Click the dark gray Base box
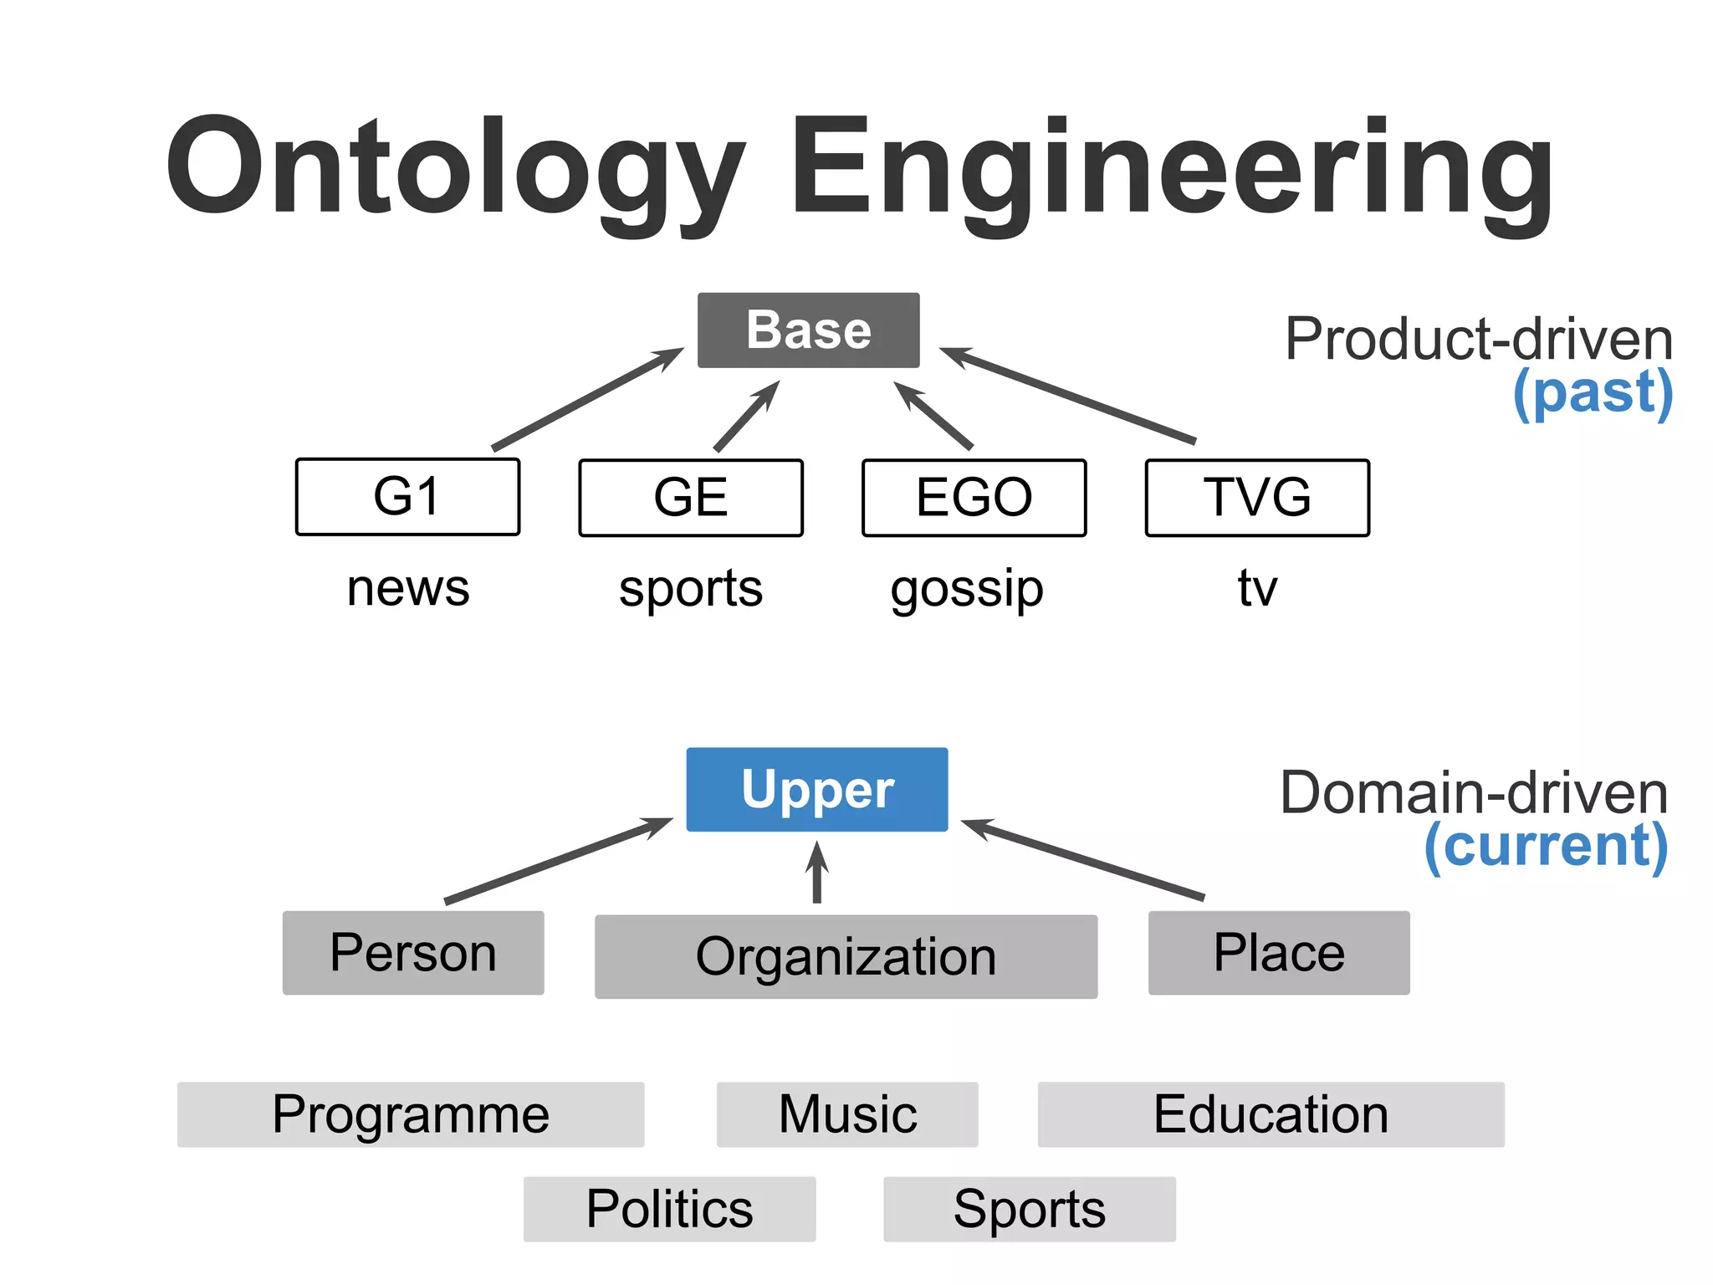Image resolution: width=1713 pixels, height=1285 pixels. [808, 330]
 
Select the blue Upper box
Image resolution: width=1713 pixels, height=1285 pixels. [816, 789]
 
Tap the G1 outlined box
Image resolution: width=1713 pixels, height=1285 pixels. [407, 496]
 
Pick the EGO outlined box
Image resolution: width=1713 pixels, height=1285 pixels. [974, 497]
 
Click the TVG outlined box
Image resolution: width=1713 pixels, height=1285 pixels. [1256, 497]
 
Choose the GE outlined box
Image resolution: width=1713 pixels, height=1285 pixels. [690, 497]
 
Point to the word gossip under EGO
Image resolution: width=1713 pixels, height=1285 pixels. [967, 589]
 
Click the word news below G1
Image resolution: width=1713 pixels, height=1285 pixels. [408, 587]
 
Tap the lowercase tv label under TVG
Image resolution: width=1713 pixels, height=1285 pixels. [1257, 587]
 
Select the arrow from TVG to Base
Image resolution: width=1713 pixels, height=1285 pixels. [1069, 395]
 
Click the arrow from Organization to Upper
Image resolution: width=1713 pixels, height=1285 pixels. [817, 874]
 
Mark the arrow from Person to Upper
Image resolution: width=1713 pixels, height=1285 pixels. [559, 860]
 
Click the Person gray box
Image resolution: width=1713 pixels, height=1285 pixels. [413, 952]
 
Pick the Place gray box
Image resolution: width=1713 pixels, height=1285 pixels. [1278, 952]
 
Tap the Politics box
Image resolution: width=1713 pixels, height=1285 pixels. [669, 1208]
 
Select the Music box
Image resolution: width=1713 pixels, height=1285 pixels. [846, 1113]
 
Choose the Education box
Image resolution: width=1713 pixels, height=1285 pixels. [1270, 1113]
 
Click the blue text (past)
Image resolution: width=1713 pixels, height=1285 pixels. [1593, 392]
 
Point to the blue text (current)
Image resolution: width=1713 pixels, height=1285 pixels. [1546, 845]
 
